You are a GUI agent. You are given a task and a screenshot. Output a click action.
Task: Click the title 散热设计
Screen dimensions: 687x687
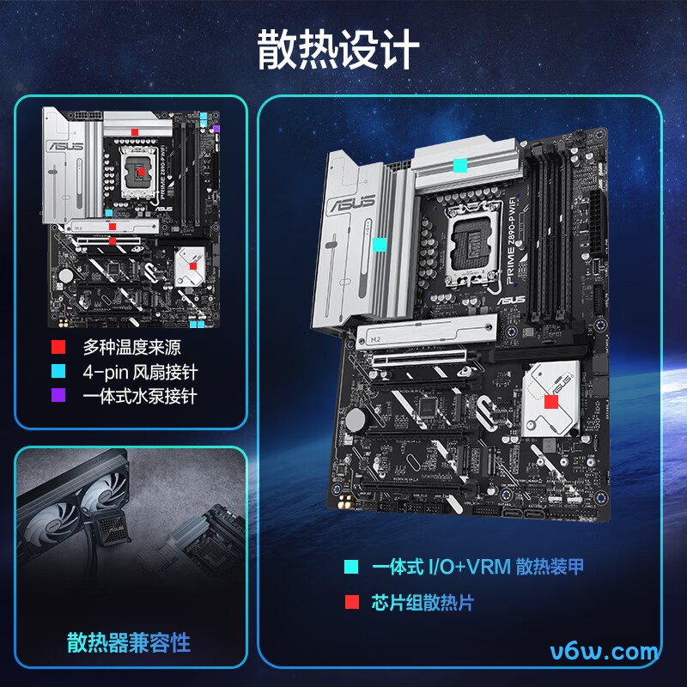339,51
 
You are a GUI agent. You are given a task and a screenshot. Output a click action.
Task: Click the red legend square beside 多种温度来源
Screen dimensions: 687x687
58,348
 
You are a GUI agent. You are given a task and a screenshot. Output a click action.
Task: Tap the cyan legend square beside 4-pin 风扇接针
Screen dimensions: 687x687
58,372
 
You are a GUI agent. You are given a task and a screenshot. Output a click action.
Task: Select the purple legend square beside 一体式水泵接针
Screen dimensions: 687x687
58,396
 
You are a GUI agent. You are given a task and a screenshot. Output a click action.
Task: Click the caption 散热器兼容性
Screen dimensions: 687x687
129,642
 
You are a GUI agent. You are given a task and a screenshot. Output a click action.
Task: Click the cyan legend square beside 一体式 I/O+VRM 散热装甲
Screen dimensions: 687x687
351,567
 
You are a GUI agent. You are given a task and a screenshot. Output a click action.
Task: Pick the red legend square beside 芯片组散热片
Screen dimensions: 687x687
351,602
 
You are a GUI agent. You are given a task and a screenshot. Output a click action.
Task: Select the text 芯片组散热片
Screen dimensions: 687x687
422,602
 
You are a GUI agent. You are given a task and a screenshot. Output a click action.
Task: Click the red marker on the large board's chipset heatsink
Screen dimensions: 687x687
550,401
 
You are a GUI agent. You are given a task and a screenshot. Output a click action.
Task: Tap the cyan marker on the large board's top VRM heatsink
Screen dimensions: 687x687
460,164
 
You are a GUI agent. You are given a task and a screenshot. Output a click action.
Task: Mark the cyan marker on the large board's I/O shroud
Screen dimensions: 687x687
379,245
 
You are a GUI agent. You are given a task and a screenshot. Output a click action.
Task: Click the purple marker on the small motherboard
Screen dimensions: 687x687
216,129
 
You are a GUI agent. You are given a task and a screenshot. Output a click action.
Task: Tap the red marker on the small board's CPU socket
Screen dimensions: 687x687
142,173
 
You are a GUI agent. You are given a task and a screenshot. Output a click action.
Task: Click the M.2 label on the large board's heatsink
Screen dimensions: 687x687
375,340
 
